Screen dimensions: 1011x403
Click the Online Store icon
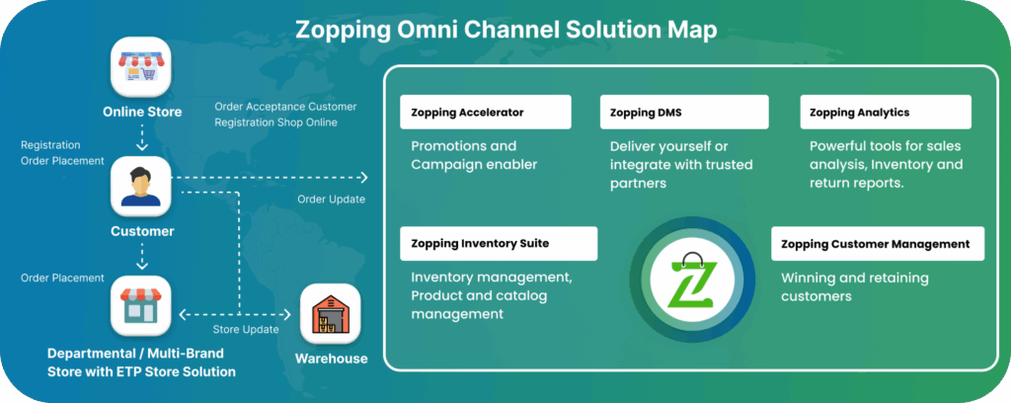141,66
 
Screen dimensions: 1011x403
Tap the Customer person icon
141,186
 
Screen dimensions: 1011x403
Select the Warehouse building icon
330,314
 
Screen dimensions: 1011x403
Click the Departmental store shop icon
141,305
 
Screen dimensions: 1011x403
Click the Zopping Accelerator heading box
486,113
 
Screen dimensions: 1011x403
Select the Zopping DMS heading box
684,113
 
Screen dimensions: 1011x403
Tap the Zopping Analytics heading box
886,113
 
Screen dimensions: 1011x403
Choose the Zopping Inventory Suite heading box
499,244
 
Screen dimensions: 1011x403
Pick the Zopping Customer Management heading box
878,244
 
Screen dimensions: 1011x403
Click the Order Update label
332,200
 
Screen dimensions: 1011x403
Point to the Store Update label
246,330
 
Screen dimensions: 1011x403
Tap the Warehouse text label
332,359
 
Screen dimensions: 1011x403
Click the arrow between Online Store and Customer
142,136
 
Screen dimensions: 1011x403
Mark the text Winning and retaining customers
855,286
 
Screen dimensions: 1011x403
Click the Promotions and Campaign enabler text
474,155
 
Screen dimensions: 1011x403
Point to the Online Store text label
142,113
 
